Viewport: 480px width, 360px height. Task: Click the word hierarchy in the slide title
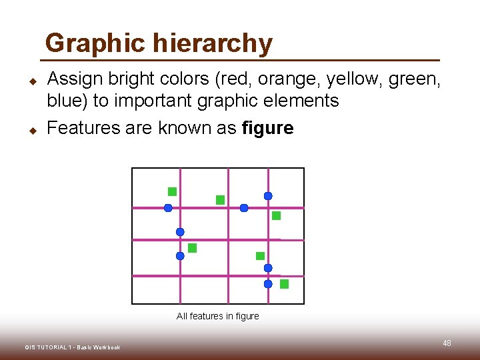(213, 44)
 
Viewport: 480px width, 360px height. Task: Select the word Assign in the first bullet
(76, 80)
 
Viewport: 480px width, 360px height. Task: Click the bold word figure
(267, 128)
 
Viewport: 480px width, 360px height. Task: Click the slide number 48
(447, 343)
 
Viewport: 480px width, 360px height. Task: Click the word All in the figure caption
(182, 316)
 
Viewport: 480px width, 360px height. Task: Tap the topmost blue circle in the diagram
(268, 196)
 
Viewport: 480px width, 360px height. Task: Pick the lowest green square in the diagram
(284, 284)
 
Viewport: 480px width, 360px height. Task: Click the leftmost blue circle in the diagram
(168, 208)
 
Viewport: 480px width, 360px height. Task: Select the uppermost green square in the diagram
(172, 191)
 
